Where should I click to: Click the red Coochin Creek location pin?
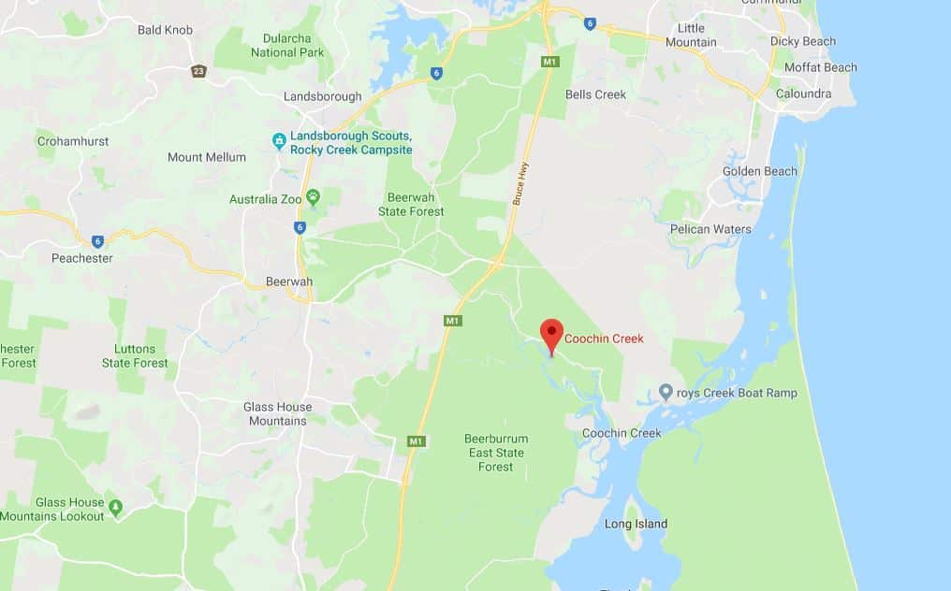click(552, 334)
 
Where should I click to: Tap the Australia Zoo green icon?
click(313, 196)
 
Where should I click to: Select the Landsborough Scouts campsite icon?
click(279, 141)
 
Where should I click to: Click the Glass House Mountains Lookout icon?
click(115, 507)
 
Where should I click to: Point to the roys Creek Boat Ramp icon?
click(666, 391)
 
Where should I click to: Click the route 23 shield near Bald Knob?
click(198, 71)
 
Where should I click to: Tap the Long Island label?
click(636, 524)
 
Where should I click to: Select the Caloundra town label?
click(804, 94)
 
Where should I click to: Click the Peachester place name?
click(82, 258)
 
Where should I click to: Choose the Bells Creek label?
click(595, 94)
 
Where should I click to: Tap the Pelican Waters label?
click(710, 229)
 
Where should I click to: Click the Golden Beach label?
click(759, 171)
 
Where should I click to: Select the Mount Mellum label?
click(207, 157)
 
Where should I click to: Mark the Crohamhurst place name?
click(73, 141)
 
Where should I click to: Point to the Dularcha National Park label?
click(287, 46)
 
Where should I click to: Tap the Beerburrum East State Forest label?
click(497, 453)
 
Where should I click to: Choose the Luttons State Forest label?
click(135, 355)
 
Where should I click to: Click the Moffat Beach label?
click(821, 67)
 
